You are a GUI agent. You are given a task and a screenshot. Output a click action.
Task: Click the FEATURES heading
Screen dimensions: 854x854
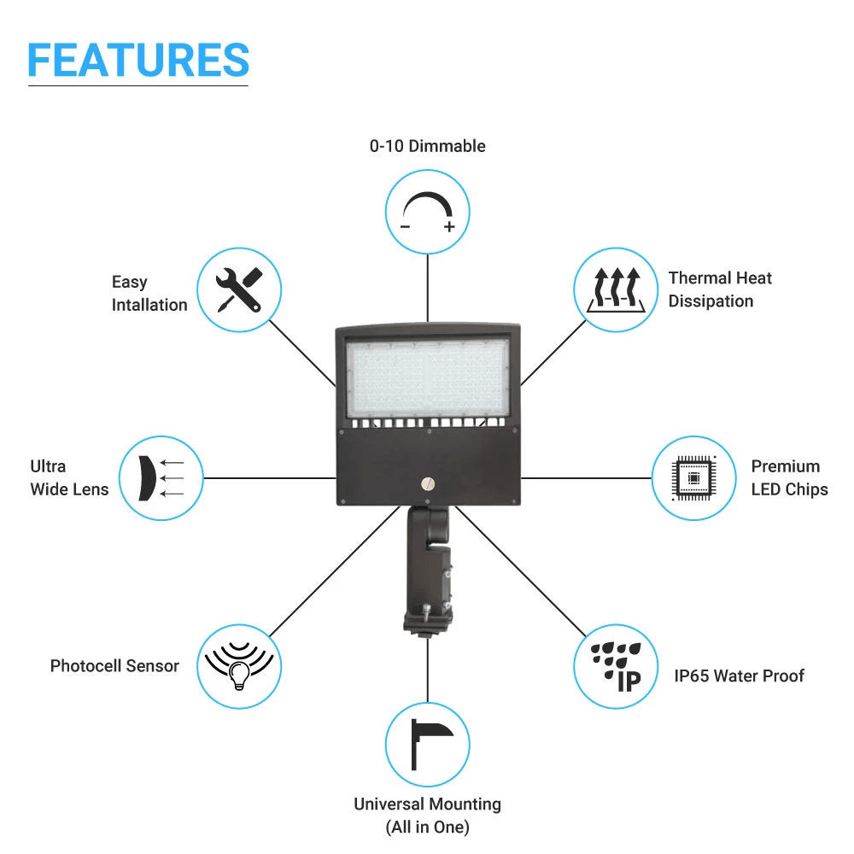(x=138, y=60)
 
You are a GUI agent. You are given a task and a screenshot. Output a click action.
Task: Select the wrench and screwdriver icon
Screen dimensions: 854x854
(x=239, y=290)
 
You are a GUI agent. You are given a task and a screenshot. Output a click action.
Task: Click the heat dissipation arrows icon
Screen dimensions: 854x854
(x=616, y=290)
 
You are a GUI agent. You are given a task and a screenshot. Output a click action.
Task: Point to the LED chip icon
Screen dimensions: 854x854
(x=693, y=478)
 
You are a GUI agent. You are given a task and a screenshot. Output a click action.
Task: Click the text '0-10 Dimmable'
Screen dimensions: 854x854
(x=428, y=146)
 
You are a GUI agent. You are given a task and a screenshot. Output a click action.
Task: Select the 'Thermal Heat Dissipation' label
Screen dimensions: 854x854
(x=719, y=290)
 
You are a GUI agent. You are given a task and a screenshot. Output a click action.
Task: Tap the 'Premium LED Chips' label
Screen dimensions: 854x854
(x=789, y=478)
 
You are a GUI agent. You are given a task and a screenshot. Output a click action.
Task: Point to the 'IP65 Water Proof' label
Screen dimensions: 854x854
(x=739, y=676)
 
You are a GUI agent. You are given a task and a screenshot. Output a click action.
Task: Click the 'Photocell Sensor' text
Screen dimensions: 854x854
(x=114, y=666)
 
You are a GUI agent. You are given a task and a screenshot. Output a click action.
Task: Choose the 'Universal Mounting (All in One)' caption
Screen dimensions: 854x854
(x=428, y=816)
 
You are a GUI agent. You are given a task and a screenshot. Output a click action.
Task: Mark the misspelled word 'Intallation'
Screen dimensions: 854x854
(x=149, y=305)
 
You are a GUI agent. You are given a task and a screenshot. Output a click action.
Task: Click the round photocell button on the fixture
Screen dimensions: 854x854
(x=428, y=483)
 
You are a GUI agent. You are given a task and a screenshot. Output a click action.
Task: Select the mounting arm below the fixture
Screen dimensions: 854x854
(x=429, y=570)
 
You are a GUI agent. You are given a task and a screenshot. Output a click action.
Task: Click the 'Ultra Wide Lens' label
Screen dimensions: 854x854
(x=69, y=478)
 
